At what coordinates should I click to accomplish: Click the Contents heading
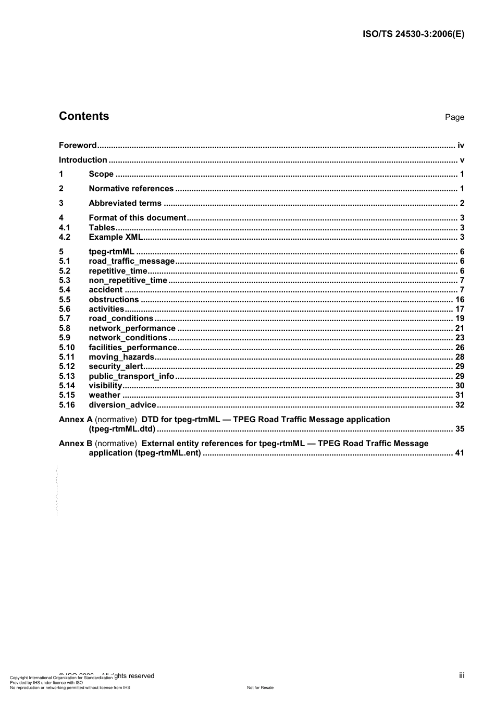[x=84, y=116]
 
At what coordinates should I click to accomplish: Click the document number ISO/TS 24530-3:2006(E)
[x=413, y=34]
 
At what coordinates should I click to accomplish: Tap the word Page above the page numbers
[x=454, y=117]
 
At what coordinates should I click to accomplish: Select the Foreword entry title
[x=78, y=145]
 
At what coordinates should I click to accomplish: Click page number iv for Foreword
[x=461, y=145]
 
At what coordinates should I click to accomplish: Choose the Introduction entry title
[x=83, y=160]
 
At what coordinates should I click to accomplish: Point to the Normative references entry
[x=131, y=189]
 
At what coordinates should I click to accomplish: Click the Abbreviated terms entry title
[x=125, y=203]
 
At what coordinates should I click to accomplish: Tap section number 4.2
[x=65, y=237]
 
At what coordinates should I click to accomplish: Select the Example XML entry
[x=116, y=237]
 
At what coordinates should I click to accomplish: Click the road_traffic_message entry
[x=132, y=261]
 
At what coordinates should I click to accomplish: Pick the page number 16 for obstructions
[x=460, y=300]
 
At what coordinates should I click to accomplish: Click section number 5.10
[x=67, y=348]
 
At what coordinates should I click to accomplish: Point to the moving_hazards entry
[x=121, y=357]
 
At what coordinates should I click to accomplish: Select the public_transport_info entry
[x=131, y=376]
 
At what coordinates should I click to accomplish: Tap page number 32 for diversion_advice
[x=460, y=405]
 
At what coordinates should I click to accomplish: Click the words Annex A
[x=76, y=420]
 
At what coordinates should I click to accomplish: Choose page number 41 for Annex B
[x=460, y=453]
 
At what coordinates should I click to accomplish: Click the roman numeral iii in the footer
[x=462, y=675]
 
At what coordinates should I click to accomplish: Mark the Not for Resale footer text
[x=260, y=687]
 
